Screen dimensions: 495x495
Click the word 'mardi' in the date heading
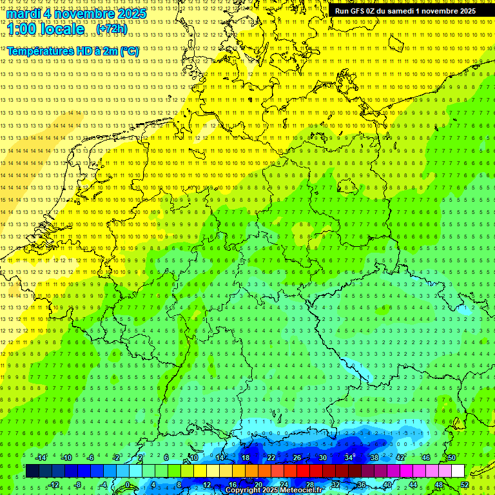tap(23, 14)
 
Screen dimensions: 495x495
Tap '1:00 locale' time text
tap(45, 29)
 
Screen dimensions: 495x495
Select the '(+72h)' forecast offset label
tap(112, 29)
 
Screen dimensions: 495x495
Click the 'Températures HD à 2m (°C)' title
tap(73, 51)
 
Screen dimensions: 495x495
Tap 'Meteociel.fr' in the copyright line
tap(300, 490)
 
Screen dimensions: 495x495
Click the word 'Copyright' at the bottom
tap(243, 490)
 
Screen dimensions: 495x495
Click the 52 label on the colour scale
tap(464, 485)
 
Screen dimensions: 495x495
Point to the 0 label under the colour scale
tap(128, 485)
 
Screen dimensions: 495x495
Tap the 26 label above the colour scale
tap(296, 458)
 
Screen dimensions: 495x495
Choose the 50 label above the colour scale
tap(451, 458)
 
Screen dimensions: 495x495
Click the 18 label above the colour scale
tap(245, 458)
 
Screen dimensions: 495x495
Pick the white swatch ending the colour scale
tap(458, 471)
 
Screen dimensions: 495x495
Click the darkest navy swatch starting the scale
tap(32, 471)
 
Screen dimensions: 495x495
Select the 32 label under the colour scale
tap(335, 485)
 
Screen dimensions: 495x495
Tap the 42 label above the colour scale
tap(400, 458)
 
